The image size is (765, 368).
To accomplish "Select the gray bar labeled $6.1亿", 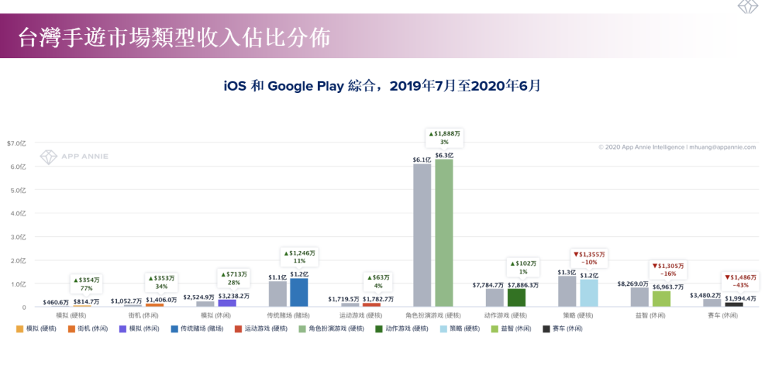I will pos(422,235).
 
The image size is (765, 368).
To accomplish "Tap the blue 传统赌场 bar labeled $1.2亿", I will pos(299,292).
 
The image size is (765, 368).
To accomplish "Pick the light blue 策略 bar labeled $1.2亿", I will pos(589,293).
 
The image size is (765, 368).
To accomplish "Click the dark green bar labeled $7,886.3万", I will pos(516,298).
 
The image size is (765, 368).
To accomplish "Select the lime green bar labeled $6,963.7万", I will pos(661,299).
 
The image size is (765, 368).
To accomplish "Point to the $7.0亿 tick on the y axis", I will pos(16,143).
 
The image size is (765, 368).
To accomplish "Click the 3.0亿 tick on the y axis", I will pos(18,237).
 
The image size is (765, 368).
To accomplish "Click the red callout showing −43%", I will pos(740,281).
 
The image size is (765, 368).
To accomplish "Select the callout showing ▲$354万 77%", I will pos(87,284).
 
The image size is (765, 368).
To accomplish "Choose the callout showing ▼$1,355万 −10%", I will pos(589,257).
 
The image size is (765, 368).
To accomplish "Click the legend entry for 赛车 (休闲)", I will pos(562,329).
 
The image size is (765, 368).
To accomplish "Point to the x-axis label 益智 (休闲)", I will pos(650,316).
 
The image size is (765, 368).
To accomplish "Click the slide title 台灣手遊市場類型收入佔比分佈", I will pos(174,38).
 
